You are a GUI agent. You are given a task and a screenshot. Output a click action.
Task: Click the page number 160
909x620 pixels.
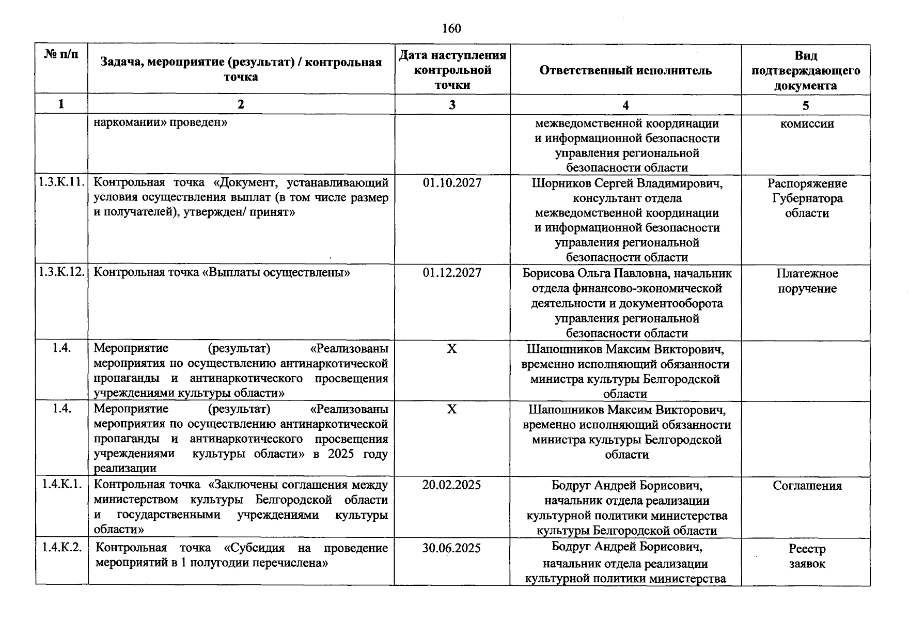pos(451,28)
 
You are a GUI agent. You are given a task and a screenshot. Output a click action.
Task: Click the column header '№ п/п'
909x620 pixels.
pos(61,55)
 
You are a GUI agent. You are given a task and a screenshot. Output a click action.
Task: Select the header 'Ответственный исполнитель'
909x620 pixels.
pos(625,70)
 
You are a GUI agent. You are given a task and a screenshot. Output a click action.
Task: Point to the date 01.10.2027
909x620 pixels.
pos(452,183)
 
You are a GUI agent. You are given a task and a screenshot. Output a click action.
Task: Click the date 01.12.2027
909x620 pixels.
pos(452,273)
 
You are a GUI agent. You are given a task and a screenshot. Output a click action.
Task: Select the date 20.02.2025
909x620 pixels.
pos(452,485)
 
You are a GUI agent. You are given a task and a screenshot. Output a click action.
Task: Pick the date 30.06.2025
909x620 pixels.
pos(452,548)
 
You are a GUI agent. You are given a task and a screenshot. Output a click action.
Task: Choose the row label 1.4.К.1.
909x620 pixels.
pos(61,484)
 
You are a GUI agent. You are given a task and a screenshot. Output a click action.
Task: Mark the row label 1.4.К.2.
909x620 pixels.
pos(61,547)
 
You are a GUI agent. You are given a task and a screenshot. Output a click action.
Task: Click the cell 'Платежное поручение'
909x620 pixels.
pos(807,281)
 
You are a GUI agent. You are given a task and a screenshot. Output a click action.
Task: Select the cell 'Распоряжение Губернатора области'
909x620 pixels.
pos(807,198)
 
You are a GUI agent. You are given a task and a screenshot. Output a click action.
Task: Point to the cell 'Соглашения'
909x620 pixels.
pos(807,486)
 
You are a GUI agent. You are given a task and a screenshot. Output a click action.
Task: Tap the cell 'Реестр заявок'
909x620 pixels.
pos(807,556)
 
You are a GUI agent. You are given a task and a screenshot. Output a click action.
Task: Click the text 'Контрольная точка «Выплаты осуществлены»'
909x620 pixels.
pos(222,272)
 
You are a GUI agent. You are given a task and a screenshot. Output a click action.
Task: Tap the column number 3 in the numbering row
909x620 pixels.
pos(452,105)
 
